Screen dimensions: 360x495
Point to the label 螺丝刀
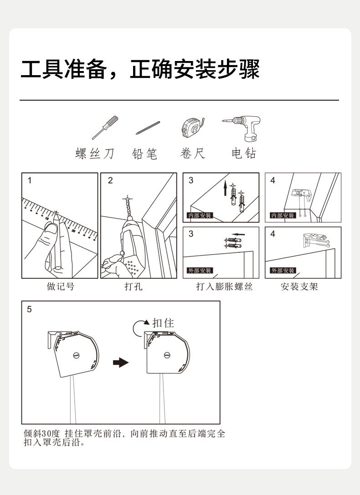coord(94,153)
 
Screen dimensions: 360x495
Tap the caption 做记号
coord(60,287)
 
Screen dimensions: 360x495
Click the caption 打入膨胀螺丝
coord(224,287)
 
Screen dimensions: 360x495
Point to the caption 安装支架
coord(299,287)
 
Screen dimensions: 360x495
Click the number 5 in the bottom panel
coord(30,310)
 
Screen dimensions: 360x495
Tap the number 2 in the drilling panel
coord(110,181)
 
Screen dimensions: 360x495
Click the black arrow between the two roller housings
coord(120,362)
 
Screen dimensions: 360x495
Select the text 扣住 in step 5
coord(163,323)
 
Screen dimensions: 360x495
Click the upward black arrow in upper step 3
coord(225,188)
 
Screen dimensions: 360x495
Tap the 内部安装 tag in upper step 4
coord(283,215)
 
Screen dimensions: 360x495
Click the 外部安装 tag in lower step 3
coord(200,270)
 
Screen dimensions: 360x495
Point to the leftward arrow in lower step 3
coord(239,235)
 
